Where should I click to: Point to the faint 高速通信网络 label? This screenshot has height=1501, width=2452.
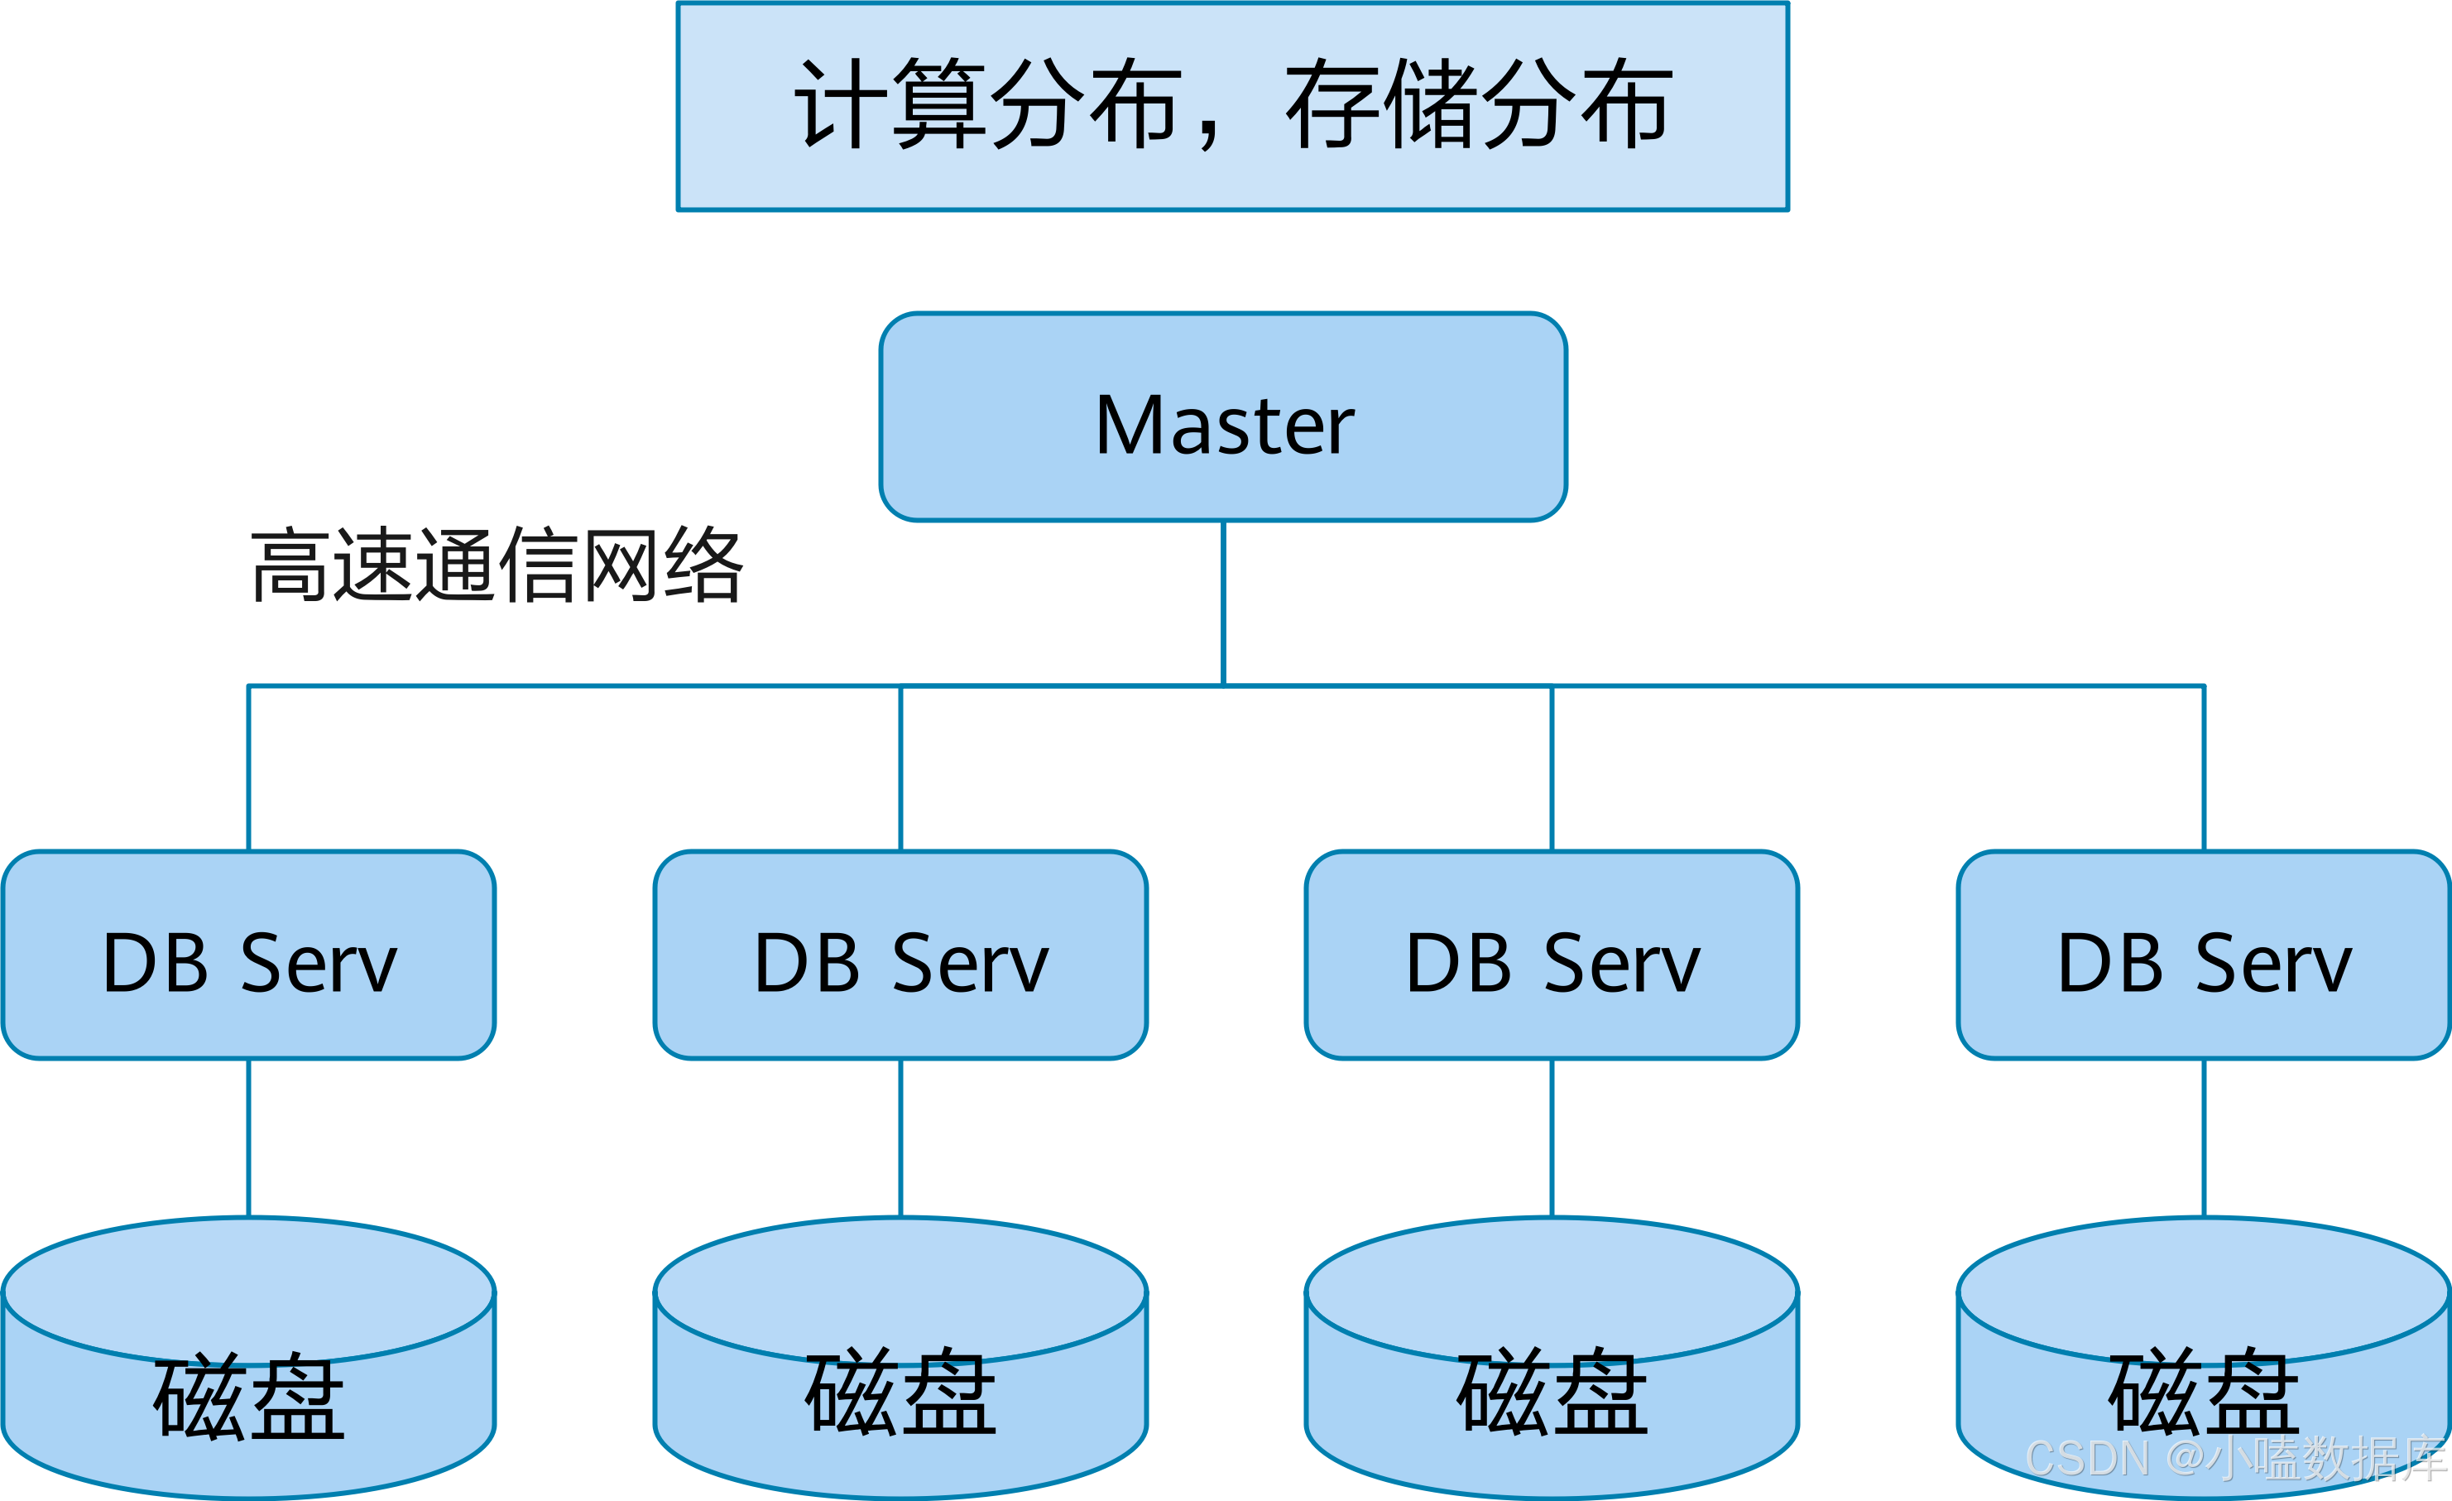click(x=497, y=565)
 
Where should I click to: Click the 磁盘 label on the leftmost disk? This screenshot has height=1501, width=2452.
click(x=249, y=1396)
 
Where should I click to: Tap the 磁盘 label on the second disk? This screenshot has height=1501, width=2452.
click(x=900, y=1392)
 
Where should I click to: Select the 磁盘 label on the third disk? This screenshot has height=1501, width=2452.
click(x=1552, y=1392)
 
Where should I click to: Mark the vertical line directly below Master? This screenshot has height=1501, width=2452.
click(x=1223, y=602)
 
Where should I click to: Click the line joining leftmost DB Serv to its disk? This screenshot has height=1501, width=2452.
click(x=249, y=1137)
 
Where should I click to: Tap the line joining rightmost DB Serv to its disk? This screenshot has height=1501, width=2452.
click(x=2205, y=1137)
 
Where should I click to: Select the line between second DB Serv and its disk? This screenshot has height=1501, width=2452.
click(x=900, y=1137)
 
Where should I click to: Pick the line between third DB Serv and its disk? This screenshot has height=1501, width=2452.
click(x=1552, y=1137)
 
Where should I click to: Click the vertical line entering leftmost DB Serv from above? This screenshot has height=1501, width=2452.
click(x=249, y=767)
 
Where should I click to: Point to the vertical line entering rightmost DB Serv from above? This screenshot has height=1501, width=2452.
click(x=2205, y=767)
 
